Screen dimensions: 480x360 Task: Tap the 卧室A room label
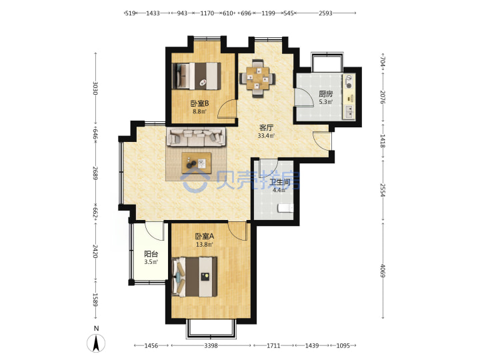tap(205, 236)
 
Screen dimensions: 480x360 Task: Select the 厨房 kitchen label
tap(326, 94)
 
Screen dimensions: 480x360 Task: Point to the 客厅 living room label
tap(266, 127)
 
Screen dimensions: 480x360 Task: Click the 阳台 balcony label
tap(151, 254)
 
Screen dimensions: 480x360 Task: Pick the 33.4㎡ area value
tap(266, 135)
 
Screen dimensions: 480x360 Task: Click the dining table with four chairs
tap(257, 79)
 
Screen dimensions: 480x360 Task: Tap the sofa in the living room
tap(196, 137)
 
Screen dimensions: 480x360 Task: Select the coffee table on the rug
tap(196, 163)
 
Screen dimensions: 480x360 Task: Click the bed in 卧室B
tap(197, 76)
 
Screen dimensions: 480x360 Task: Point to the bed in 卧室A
tap(195, 277)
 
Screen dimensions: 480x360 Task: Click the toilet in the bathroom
tap(285, 208)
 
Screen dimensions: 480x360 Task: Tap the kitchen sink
tap(349, 112)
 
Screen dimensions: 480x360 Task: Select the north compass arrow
tap(96, 343)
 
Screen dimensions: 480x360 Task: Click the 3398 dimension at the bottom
tap(211, 345)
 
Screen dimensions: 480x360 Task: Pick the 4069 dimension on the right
tap(383, 271)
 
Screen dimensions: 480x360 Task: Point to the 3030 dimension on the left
tap(95, 88)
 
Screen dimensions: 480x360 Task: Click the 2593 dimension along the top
tap(325, 13)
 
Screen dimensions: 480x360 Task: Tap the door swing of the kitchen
tap(304, 97)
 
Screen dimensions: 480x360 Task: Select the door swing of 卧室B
tap(227, 109)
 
